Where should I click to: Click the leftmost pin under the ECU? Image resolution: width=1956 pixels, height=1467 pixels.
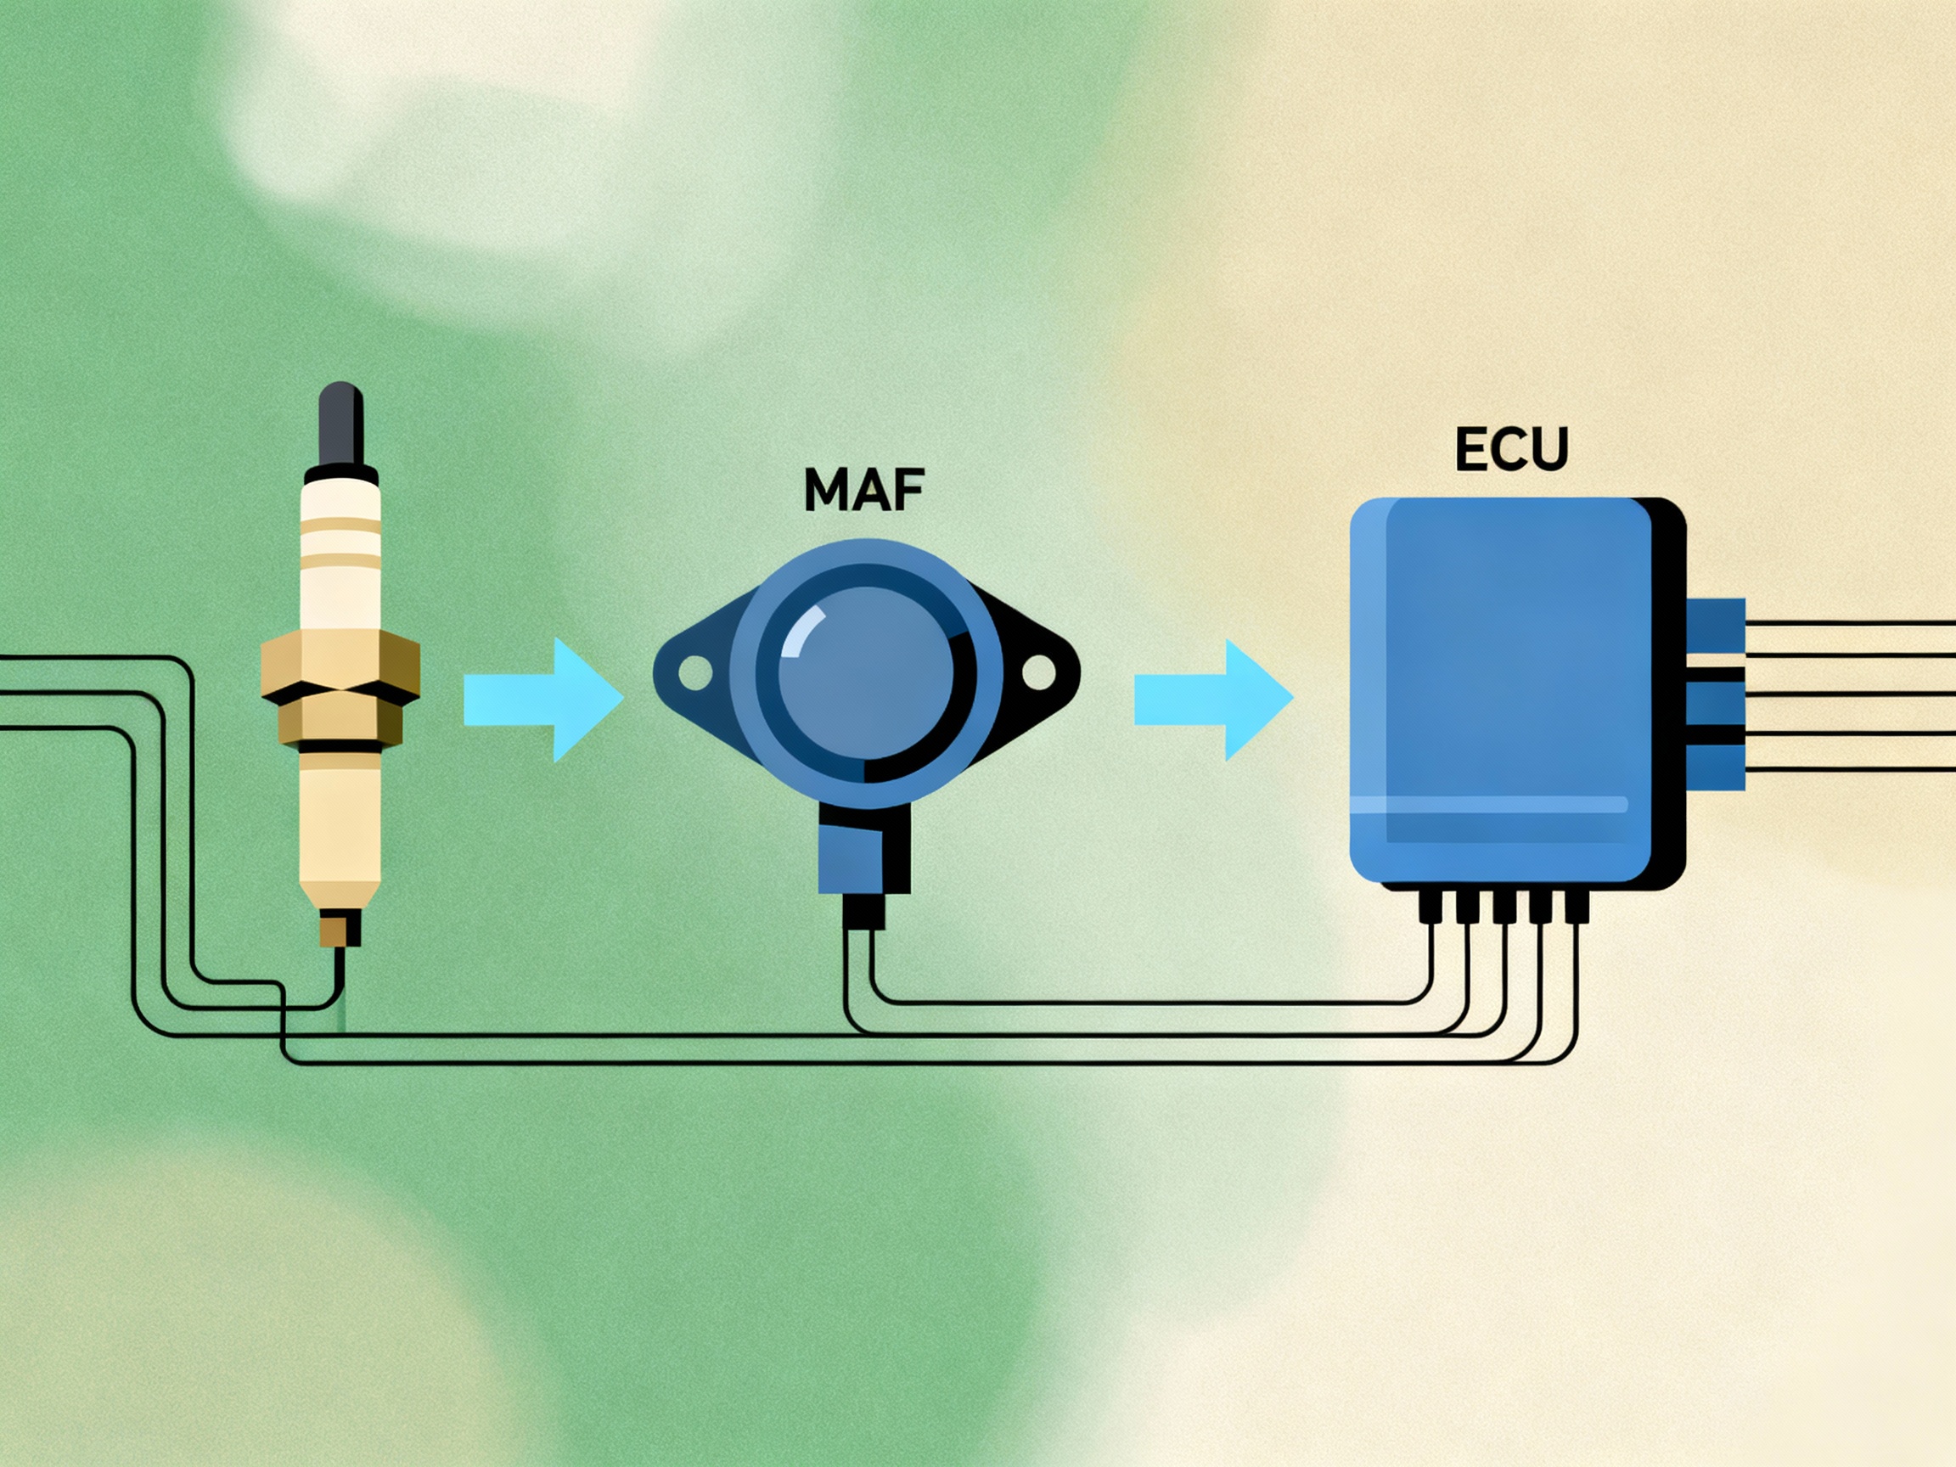tap(1430, 907)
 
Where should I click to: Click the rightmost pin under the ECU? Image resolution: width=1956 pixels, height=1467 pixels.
tap(1577, 907)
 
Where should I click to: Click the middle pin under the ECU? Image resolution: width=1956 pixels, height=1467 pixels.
tap(1504, 907)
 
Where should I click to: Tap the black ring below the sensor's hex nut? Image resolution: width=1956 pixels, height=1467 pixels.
tap(340, 748)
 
